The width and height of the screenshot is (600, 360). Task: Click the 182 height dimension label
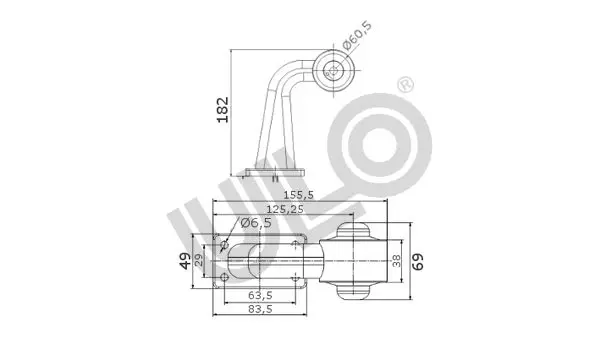(222, 110)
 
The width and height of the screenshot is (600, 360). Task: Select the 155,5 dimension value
(298, 195)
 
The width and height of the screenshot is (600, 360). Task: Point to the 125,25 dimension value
(285, 209)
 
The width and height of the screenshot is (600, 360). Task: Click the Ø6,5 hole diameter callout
(256, 222)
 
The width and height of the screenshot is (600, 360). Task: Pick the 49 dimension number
(185, 261)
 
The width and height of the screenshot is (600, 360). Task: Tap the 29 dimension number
(199, 261)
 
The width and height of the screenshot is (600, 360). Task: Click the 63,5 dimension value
(260, 295)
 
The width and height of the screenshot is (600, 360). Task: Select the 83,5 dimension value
(260, 309)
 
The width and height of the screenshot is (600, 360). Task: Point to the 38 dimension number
(397, 261)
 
